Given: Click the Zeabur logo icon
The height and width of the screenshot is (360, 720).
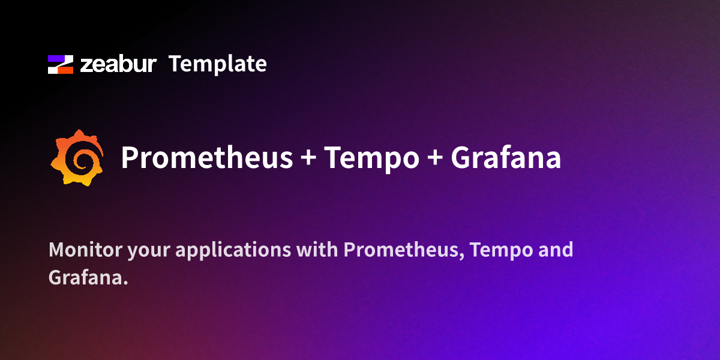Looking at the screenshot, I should point(61,64).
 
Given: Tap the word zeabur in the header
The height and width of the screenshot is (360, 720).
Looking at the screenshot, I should point(118,64).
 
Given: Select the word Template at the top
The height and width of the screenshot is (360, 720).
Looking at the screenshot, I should point(217,64).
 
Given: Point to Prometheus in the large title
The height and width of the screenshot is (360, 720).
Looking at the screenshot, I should point(207,158).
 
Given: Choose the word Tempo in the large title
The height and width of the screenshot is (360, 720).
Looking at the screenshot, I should point(372,158).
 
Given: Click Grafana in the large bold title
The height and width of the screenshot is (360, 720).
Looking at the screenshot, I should point(506,158).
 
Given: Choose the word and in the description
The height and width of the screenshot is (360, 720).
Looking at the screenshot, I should point(556,250).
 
